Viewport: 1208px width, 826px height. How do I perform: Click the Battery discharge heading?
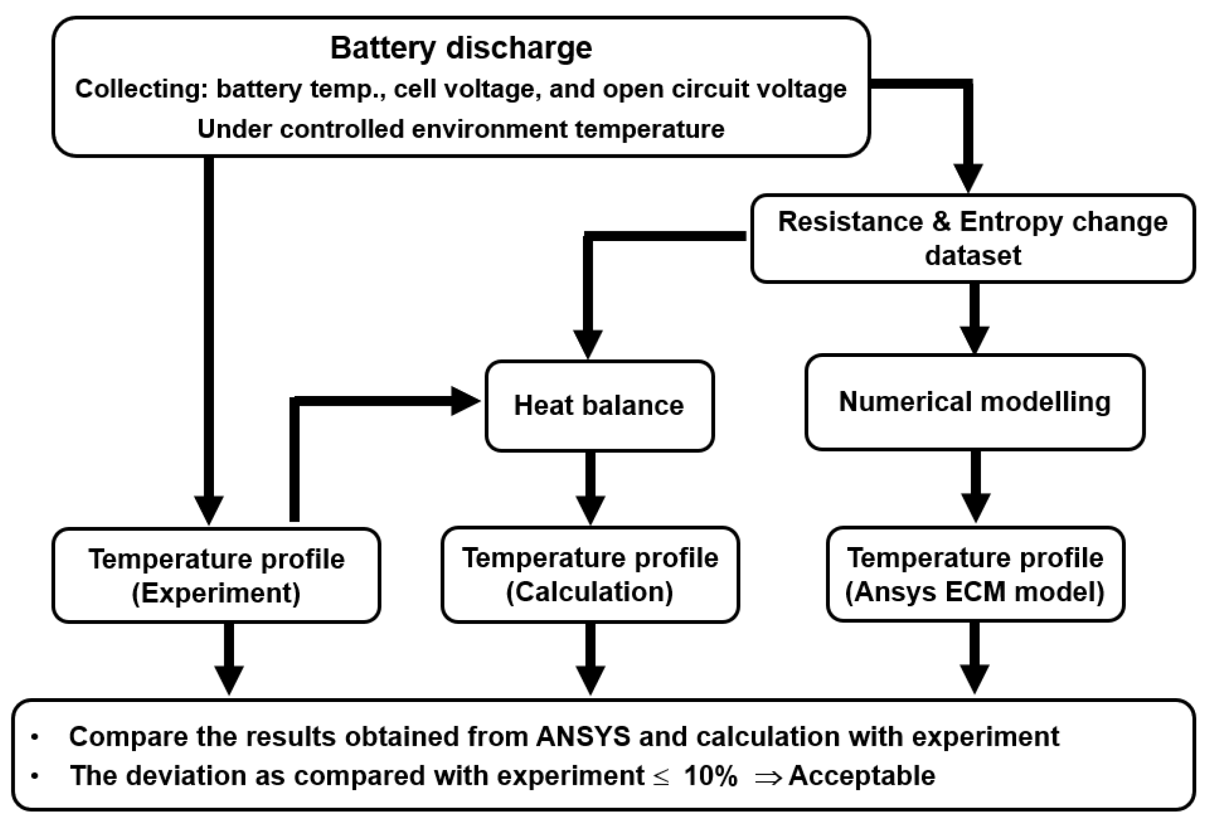pyautogui.click(x=461, y=48)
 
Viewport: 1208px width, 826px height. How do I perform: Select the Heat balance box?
pyautogui.click(x=599, y=405)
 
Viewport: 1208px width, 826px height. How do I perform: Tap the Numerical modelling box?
pyautogui.click(x=975, y=402)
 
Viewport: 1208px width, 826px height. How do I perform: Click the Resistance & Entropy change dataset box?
pyautogui.click(x=972, y=238)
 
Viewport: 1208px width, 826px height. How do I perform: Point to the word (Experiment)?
pyautogui.click(x=216, y=593)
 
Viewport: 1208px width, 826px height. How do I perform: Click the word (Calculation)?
pyautogui.click(x=589, y=592)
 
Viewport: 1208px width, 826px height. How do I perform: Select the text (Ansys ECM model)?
pyautogui.click(x=975, y=592)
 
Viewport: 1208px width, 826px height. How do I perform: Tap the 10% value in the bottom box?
pyautogui.click(x=710, y=776)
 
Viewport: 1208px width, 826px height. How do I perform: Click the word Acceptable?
pyautogui.click(x=862, y=776)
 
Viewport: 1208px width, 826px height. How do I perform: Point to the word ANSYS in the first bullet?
pyautogui.click(x=583, y=737)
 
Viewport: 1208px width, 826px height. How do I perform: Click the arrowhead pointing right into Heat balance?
pyautogui.click(x=465, y=401)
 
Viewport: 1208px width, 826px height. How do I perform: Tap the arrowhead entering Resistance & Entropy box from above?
pyautogui.click(x=968, y=178)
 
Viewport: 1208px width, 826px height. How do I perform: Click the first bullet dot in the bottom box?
pyautogui.click(x=35, y=737)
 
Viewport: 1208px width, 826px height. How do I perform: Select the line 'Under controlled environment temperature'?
pyautogui.click(x=461, y=129)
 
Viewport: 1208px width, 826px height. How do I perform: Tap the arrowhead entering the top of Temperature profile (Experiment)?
pyautogui.click(x=209, y=510)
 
